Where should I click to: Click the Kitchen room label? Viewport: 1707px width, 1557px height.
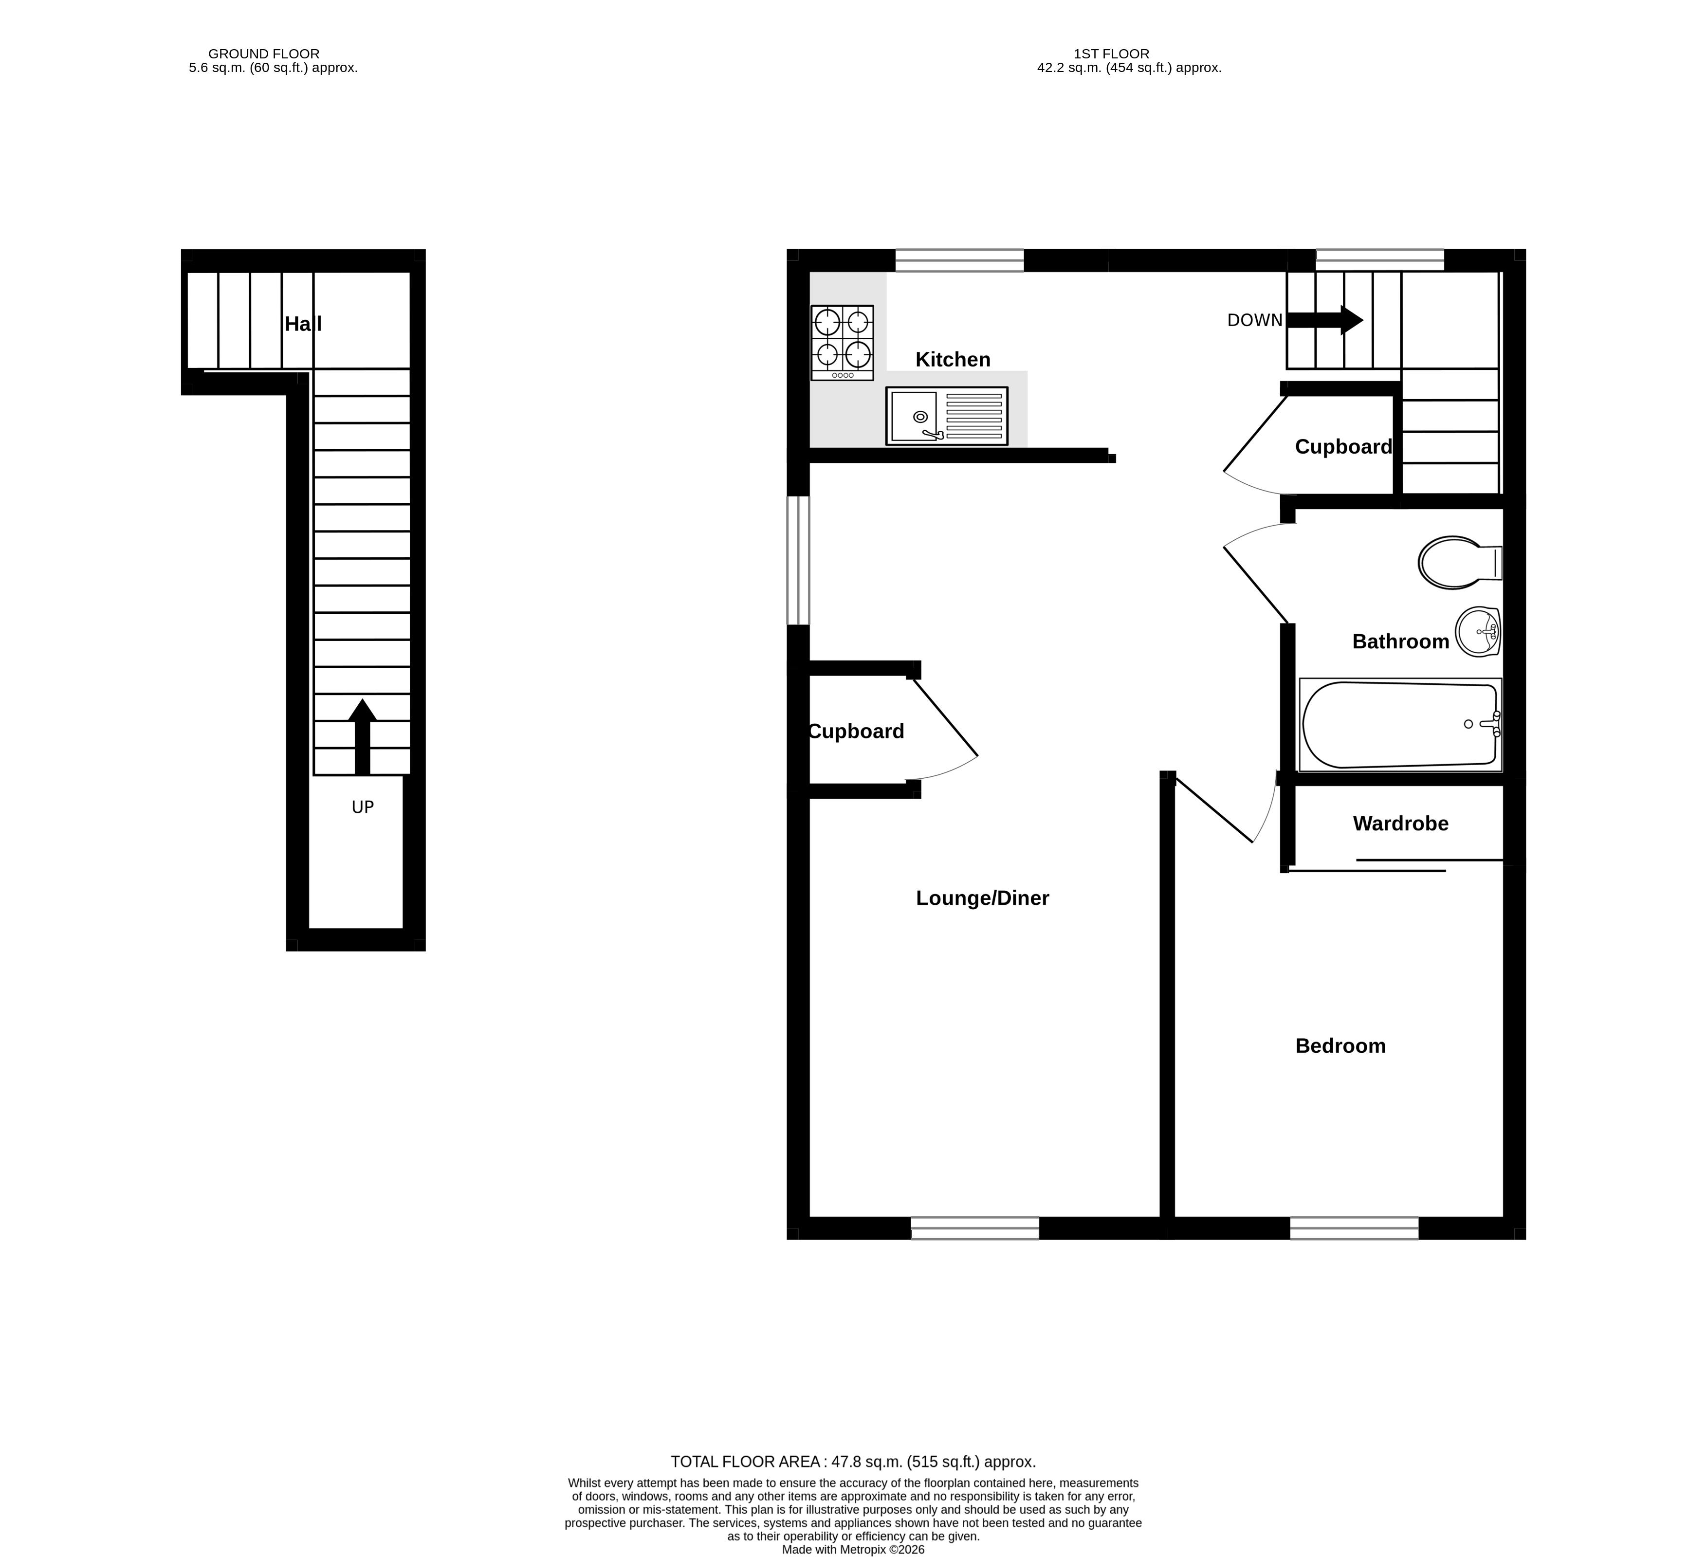[953, 360]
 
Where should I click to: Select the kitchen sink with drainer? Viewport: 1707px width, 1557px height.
[947, 416]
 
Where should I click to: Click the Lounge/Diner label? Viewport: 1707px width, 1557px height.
[982, 898]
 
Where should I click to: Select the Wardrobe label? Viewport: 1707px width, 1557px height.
[1400, 824]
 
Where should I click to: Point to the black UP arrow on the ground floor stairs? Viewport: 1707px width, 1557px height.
[363, 736]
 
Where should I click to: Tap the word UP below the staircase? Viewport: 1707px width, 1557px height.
[363, 808]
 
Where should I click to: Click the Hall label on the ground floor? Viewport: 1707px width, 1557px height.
[303, 324]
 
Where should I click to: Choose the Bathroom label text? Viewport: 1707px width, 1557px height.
[1400, 642]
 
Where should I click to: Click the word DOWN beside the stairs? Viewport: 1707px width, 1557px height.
[1255, 320]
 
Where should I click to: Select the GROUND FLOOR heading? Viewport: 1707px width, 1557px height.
[264, 54]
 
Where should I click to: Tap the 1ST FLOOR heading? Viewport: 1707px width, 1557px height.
[1112, 54]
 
